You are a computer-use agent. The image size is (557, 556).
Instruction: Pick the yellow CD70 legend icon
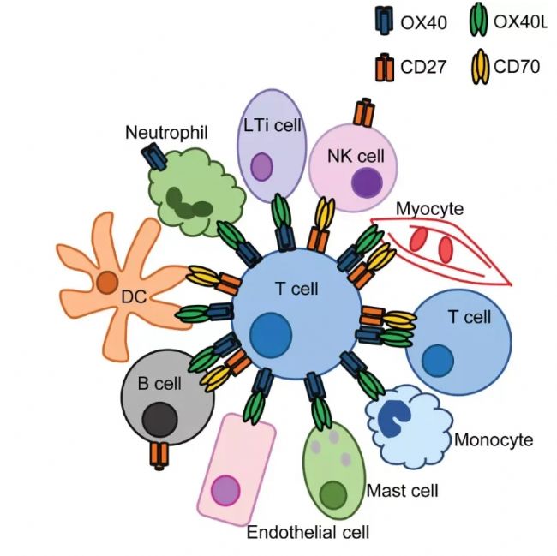[x=480, y=65]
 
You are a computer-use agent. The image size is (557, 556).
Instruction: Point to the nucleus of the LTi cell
[x=261, y=167]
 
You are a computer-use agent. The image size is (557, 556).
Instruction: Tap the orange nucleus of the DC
[x=107, y=282]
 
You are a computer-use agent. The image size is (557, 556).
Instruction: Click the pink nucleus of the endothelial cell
[x=226, y=491]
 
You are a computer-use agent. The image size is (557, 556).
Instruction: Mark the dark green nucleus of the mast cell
[x=332, y=494]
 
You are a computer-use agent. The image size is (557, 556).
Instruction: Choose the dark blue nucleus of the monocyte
[x=396, y=414]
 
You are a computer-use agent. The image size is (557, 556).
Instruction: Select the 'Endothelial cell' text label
[x=308, y=533]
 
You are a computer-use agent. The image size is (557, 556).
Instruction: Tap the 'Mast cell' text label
[x=402, y=491]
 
